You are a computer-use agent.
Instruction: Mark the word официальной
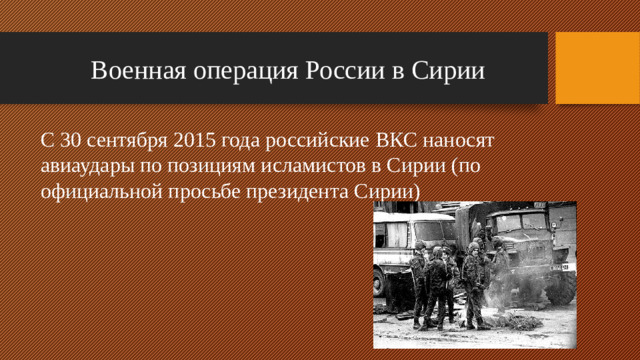point(98,190)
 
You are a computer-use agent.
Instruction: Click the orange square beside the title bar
point(596,67)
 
